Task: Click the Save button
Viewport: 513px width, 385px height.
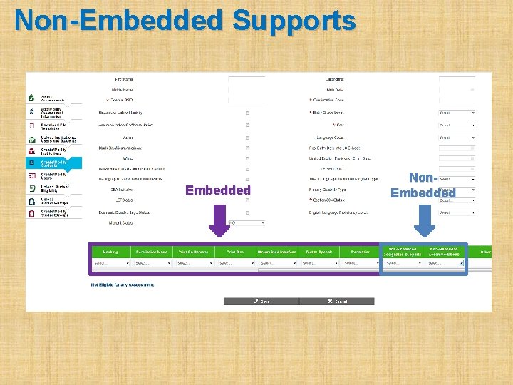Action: [x=261, y=302]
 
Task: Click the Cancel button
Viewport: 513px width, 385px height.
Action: [x=336, y=302]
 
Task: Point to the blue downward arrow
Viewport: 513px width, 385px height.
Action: [x=424, y=221]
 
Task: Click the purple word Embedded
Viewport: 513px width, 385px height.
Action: [x=217, y=190]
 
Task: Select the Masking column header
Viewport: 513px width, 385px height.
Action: [x=110, y=252]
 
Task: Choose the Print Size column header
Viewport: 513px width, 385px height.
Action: [x=235, y=252]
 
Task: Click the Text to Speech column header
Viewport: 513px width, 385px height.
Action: [x=318, y=252]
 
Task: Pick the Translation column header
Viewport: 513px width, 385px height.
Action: [x=360, y=252]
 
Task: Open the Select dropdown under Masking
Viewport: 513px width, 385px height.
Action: [x=110, y=263]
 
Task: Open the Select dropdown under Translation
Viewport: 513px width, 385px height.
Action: [x=361, y=263]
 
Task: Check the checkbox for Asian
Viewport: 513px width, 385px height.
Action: [x=247, y=138]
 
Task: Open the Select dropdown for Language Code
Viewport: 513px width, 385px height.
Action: [x=457, y=138]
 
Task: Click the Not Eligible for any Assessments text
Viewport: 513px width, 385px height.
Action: [x=123, y=284]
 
